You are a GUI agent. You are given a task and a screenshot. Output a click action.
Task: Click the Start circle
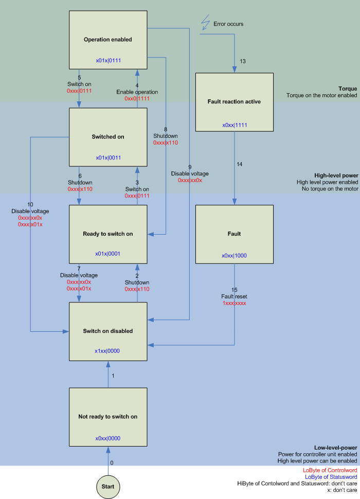click(x=109, y=485)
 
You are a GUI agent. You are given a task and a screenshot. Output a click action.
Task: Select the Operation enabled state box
click(x=107, y=40)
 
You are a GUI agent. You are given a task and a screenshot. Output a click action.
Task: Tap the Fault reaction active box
click(x=235, y=102)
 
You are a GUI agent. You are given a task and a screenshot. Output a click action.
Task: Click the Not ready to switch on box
click(x=107, y=416)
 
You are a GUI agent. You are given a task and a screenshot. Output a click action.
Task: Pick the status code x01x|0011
click(x=108, y=157)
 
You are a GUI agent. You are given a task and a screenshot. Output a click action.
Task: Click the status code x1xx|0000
click(x=108, y=351)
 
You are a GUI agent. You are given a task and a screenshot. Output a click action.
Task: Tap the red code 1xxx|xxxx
click(x=234, y=304)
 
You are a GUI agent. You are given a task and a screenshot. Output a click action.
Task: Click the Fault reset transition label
click(x=234, y=297)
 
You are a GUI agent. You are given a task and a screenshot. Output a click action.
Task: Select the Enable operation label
click(x=137, y=92)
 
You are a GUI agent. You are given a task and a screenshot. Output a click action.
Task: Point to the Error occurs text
click(x=228, y=24)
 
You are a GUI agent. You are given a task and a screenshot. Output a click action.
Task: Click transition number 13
click(x=243, y=61)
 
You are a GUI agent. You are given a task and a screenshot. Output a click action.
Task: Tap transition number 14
click(x=239, y=164)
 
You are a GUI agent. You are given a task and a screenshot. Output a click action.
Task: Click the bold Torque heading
click(x=348, y=88)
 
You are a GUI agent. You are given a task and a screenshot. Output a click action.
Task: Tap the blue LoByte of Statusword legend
click(x=329, y=477)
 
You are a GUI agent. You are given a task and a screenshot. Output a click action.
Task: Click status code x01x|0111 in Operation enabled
click(x=108, y=60)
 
